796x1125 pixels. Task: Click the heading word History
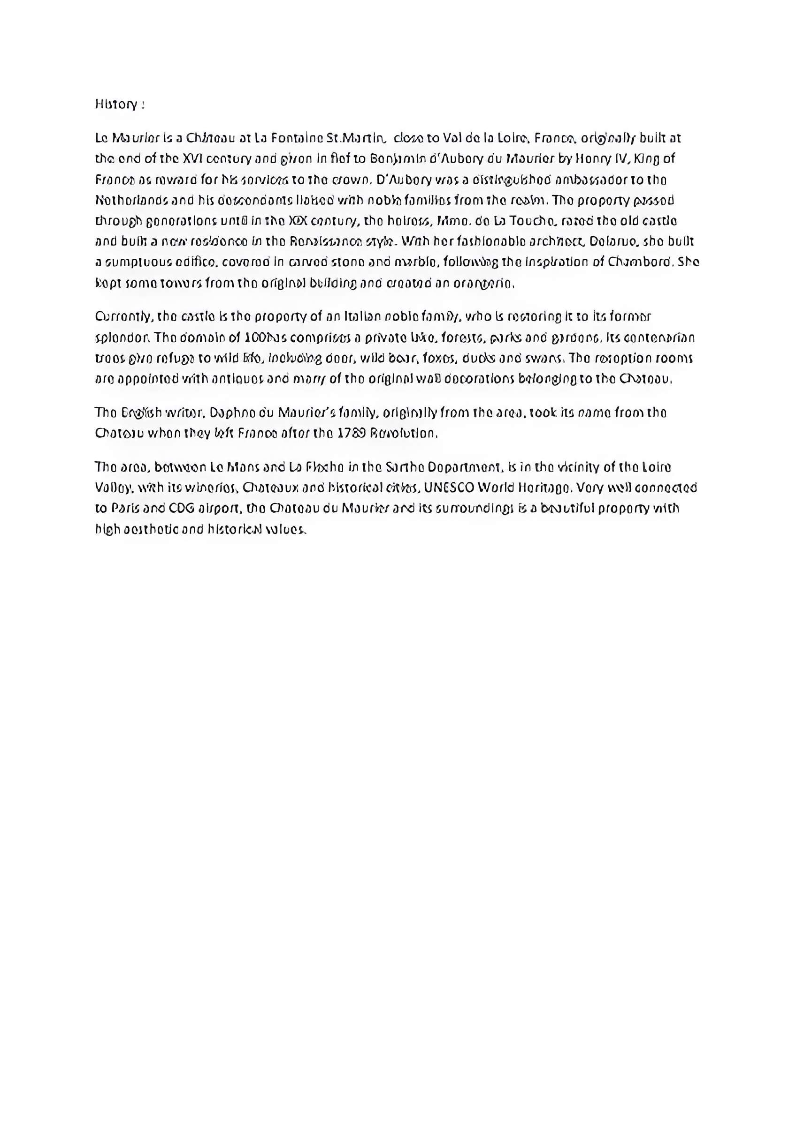[116, 105]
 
